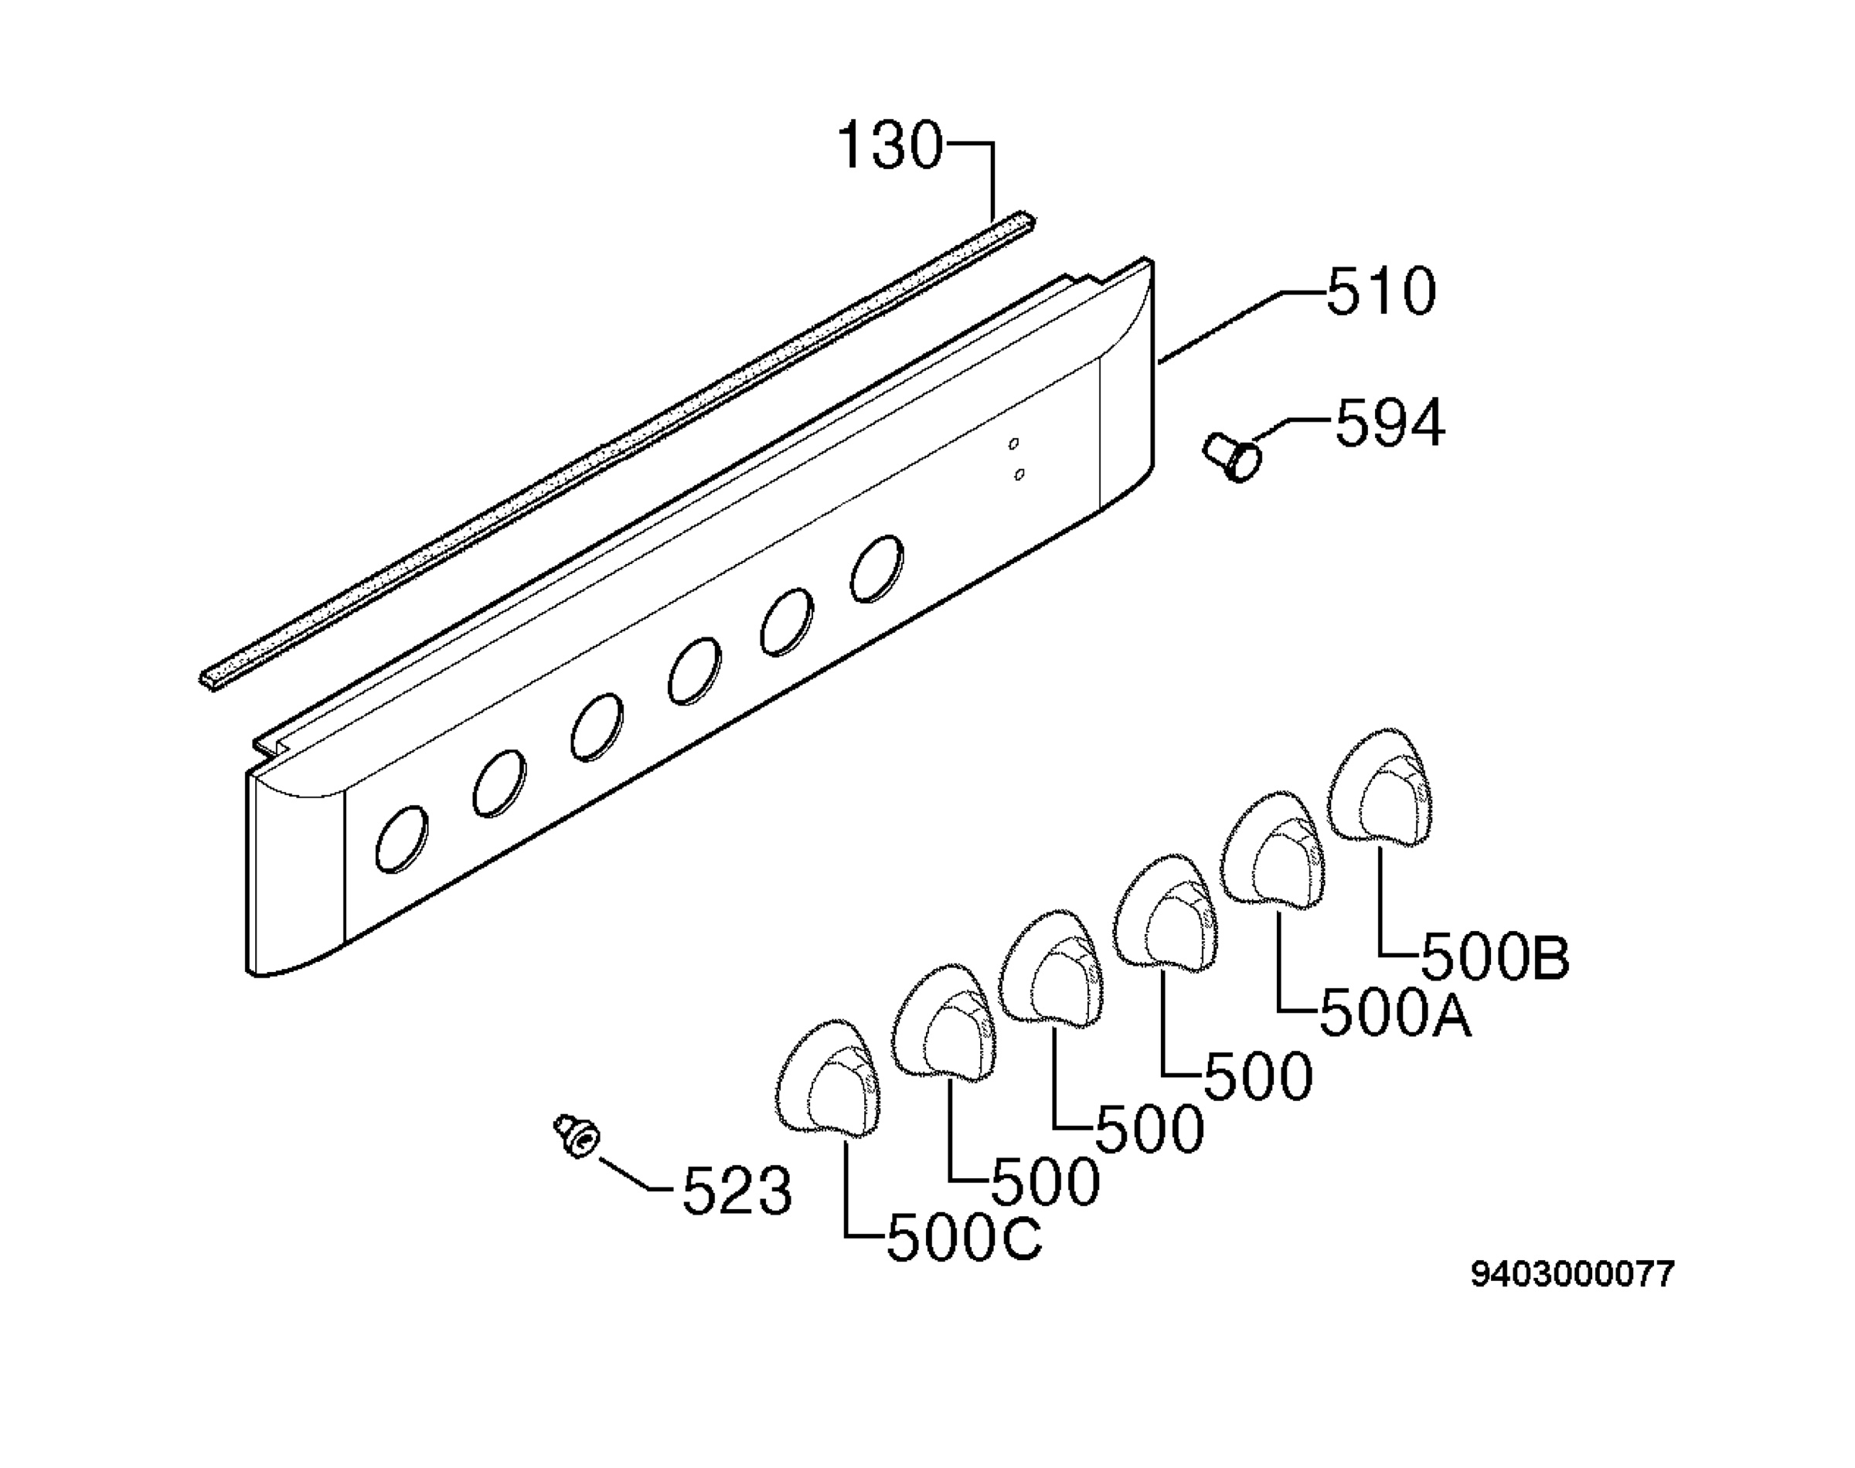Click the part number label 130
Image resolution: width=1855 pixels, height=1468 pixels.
[x=890, y=145]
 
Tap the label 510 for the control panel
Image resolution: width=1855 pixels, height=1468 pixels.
[x=1381, y=291]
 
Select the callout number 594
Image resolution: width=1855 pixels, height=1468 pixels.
[x=1390, y=423]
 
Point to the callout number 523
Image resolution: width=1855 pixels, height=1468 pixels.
[x=737, y=1191]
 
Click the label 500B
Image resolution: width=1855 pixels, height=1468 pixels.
[x=1496, y=958]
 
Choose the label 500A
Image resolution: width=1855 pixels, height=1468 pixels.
[x=1395, y=1015]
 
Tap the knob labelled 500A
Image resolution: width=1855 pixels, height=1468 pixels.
[x=1273, y=848]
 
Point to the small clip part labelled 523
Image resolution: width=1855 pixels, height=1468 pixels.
[x=577, y=1137]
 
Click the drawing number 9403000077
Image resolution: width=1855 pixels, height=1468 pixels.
[x=1573, y=1275]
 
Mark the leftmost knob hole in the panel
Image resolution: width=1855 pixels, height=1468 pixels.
[x=401, y=839]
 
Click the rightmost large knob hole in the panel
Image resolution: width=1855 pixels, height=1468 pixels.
[x=876, y=568]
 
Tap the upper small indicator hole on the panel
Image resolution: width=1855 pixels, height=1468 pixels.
[x=1013, y=443]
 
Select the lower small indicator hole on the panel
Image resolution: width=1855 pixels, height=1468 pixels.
[x=1019, y=474]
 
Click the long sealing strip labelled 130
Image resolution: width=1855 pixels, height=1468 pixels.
[x=618, y=449]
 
